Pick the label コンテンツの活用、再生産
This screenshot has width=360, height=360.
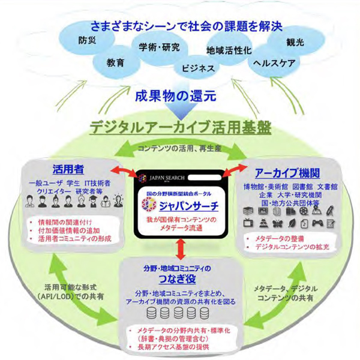(179, 148)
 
